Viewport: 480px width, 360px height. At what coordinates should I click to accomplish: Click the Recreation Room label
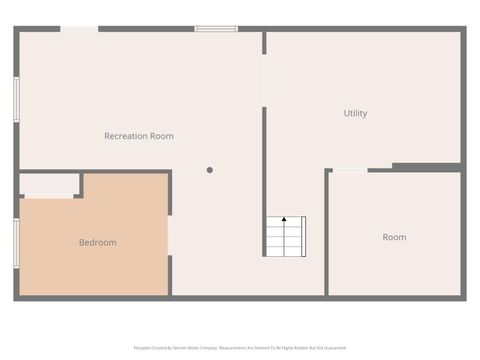(x=139, y=136)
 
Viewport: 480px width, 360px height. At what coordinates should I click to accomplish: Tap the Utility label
(x=355, y=113)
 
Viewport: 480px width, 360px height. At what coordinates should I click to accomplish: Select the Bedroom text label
(x=98, y=242)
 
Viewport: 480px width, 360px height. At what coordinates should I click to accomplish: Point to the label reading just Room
(x=394, y=237)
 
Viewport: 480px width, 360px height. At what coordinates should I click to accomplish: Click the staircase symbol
(x=285, y=236)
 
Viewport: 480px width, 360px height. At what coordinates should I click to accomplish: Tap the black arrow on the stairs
(x=284, y=218)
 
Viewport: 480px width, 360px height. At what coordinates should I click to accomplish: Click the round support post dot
(x=210, y=170)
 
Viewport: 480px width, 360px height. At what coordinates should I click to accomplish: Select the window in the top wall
(x=216, y=29)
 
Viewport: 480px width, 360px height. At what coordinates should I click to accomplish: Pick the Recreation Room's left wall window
(x=17, y=100)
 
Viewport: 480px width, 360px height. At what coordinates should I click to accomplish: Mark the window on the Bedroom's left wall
(x=17, y=244)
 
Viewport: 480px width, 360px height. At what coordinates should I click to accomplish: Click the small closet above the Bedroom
(x=50, y=184)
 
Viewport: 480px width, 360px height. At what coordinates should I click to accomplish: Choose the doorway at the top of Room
(x=349, y=171)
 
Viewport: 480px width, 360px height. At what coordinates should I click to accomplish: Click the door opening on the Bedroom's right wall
(x=170, y=236)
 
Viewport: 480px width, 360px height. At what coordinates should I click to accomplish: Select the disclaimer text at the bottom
(x=240, y=348)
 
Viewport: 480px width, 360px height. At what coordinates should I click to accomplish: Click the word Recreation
(x=126, y=136)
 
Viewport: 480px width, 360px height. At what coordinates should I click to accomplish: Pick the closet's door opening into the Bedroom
(x=49, y=197)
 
